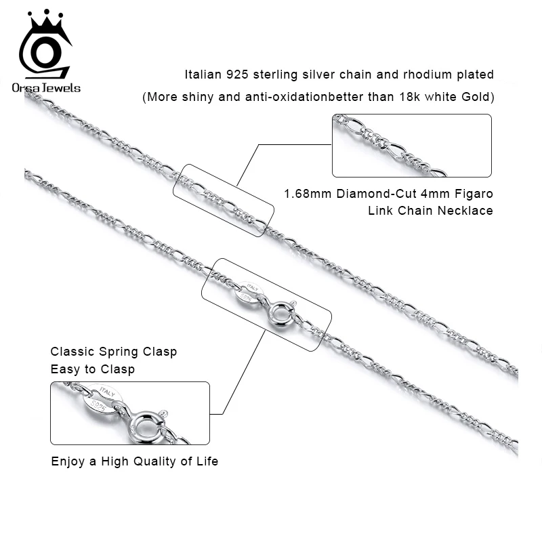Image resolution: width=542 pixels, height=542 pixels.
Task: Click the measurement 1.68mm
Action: pos(307,194)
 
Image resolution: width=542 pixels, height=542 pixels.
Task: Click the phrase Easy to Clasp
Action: pos(92,369)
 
